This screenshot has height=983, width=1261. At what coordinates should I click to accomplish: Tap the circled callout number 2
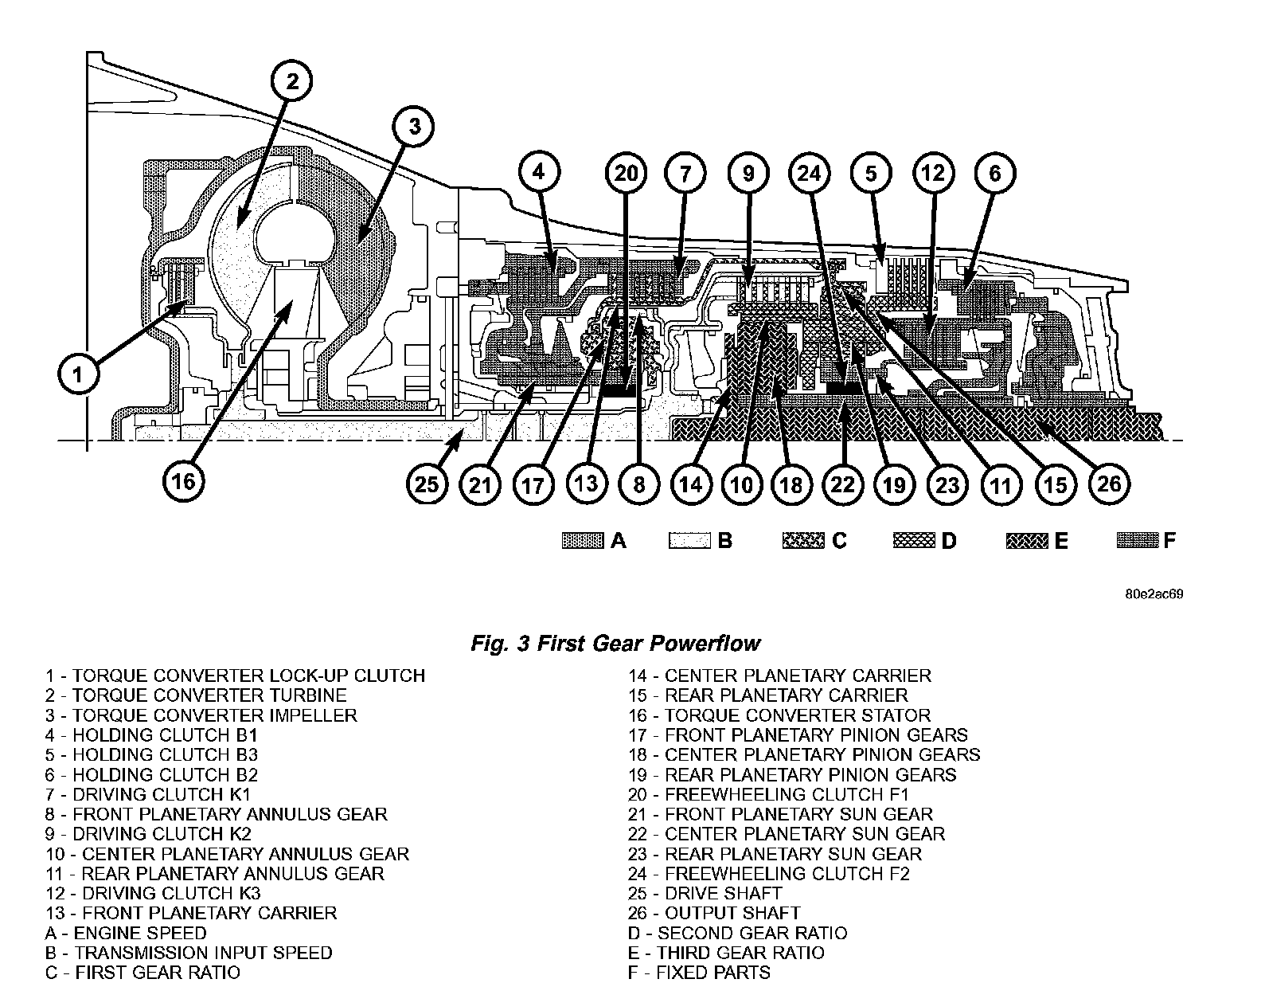click(x=292, y=80)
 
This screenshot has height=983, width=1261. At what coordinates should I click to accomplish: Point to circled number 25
click(x=427, y=483)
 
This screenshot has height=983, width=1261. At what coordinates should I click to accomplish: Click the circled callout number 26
click(x=1108, y=483)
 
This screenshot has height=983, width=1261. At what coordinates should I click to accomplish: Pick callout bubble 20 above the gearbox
click(x=627, y=173)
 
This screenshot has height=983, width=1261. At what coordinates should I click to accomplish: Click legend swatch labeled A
click(x=584, y=541)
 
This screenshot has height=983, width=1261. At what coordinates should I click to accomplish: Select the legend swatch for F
click(x=1137, y=541)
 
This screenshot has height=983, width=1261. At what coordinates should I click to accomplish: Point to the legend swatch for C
click(x=803, y=541)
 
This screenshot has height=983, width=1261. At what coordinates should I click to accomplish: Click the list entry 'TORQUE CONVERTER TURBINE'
click(x=196, y=695)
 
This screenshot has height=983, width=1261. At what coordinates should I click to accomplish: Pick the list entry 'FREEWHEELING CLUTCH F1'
click(x=767, y=794)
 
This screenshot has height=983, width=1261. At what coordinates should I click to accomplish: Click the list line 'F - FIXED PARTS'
click(x=699, y=973)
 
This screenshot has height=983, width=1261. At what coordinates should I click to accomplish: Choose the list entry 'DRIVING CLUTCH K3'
click(x=153, y=894)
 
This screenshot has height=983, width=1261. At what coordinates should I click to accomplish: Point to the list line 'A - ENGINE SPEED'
click(x=126, y=933)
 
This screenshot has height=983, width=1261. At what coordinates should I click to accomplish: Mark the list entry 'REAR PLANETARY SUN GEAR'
click(x=774, y=854)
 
